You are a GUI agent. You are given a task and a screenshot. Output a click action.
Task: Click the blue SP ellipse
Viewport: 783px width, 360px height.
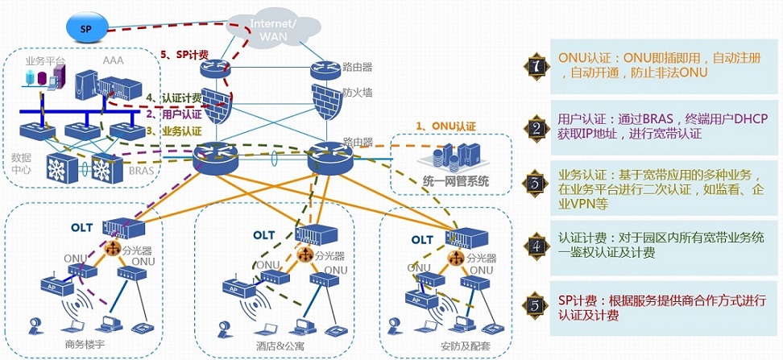85,28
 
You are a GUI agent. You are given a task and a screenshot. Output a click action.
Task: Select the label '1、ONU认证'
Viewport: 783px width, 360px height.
445,126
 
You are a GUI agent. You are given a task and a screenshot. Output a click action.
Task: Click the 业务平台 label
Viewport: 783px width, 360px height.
45,61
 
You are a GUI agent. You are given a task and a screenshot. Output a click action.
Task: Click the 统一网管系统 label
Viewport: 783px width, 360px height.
455,180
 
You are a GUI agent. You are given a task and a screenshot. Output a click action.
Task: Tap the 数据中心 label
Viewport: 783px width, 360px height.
21,164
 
